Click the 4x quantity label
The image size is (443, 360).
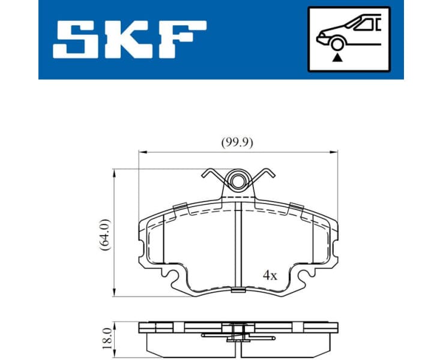270,275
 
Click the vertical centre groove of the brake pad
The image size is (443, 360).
238,246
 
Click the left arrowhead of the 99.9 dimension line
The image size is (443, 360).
142,152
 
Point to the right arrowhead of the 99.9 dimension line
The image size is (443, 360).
335,152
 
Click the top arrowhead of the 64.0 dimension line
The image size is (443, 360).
114,172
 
